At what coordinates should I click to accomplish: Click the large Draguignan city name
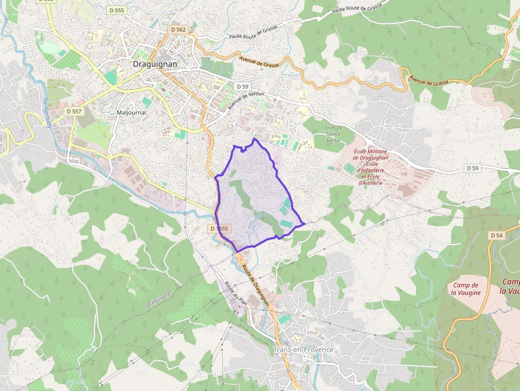(154, 64)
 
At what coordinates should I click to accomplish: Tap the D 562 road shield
(178, 30)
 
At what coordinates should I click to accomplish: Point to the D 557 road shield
(74, 111)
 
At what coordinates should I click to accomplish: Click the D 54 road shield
(496, 235)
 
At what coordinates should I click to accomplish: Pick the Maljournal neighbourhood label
(131, 112)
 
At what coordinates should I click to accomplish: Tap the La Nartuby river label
(48, 114)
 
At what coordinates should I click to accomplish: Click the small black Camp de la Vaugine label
(466, 289)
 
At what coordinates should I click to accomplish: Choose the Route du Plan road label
(236, 292)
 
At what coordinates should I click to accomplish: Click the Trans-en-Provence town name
(304, 350)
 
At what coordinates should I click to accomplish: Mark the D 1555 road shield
(219, 229)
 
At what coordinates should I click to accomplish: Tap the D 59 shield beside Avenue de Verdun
(242, 86)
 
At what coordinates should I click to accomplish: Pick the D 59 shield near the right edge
(472, 168)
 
